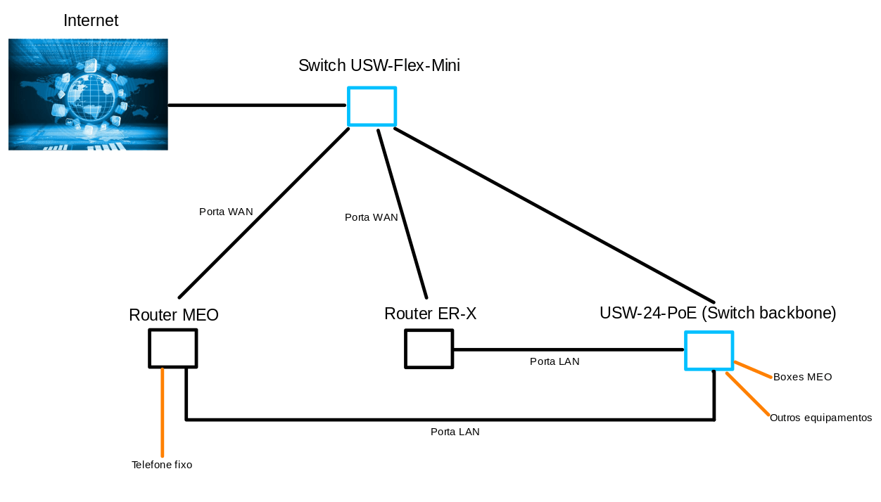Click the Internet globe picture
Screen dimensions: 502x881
[88, 94]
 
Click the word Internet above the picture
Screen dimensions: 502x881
[91, 21]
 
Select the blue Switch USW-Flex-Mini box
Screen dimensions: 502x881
[372, 106]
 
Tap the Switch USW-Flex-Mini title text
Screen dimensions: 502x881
[379, 66]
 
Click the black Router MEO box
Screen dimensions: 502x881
[172, 348]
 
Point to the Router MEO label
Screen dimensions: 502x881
[174, 315]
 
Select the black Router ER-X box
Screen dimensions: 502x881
[429, 349]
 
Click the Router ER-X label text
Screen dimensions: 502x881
[430, 314]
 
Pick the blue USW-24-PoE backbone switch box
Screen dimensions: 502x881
[709, 350]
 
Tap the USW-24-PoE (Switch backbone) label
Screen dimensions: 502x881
[718, 313]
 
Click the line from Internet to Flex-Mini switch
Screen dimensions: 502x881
[257, 105]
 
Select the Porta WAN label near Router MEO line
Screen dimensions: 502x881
[226, 212]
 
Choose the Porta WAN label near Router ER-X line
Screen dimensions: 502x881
[371, 217]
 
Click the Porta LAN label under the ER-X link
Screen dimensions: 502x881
[554, 361]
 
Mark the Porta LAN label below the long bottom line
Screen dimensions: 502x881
[455, 432]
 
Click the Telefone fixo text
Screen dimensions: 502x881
[162, 465]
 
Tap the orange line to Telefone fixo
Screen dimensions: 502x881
[163, 415]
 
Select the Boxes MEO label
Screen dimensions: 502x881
[802, 377]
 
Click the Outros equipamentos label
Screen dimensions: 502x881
[820, 418]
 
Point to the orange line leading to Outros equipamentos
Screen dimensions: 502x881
[747, 394]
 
